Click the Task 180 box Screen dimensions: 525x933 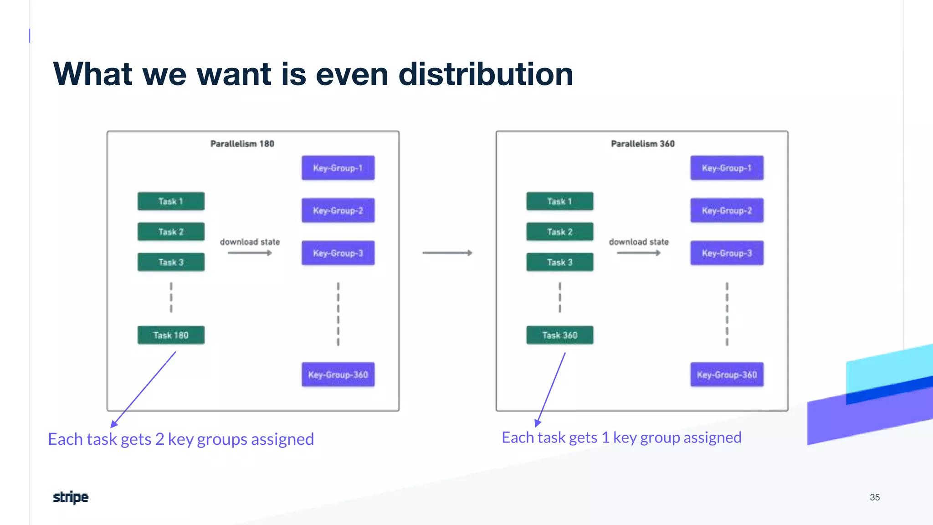171,335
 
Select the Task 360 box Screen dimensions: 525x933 559,335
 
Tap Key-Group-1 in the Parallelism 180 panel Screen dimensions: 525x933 338,168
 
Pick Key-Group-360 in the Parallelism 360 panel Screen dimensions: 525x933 727,375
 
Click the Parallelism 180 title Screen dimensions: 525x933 242,144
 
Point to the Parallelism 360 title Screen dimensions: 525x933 642,144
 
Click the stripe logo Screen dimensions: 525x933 71,497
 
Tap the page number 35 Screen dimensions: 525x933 875,497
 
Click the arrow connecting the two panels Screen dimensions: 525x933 447,252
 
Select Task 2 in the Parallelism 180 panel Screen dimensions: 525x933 171,232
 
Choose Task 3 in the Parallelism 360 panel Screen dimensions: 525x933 559,262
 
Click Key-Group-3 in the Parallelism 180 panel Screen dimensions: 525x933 338,253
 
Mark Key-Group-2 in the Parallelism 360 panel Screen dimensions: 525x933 727,211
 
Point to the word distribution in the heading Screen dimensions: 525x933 486,74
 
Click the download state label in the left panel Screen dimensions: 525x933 250,242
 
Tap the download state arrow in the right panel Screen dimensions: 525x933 638,253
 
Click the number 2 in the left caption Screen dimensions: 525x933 159,439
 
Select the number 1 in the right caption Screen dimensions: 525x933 605,437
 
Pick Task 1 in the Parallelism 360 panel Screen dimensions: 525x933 559,201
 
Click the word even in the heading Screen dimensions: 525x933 352,74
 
